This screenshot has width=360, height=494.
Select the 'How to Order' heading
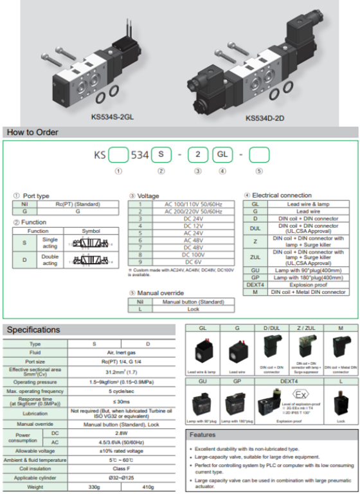click(x=32, y=133)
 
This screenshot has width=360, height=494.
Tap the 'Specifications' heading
click(x=33, y=330)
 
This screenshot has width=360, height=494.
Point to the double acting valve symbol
click(x=91, y=261)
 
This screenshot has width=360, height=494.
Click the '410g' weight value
click(x=148, y=488)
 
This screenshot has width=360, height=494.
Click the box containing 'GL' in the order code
click(x=222, y=155)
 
